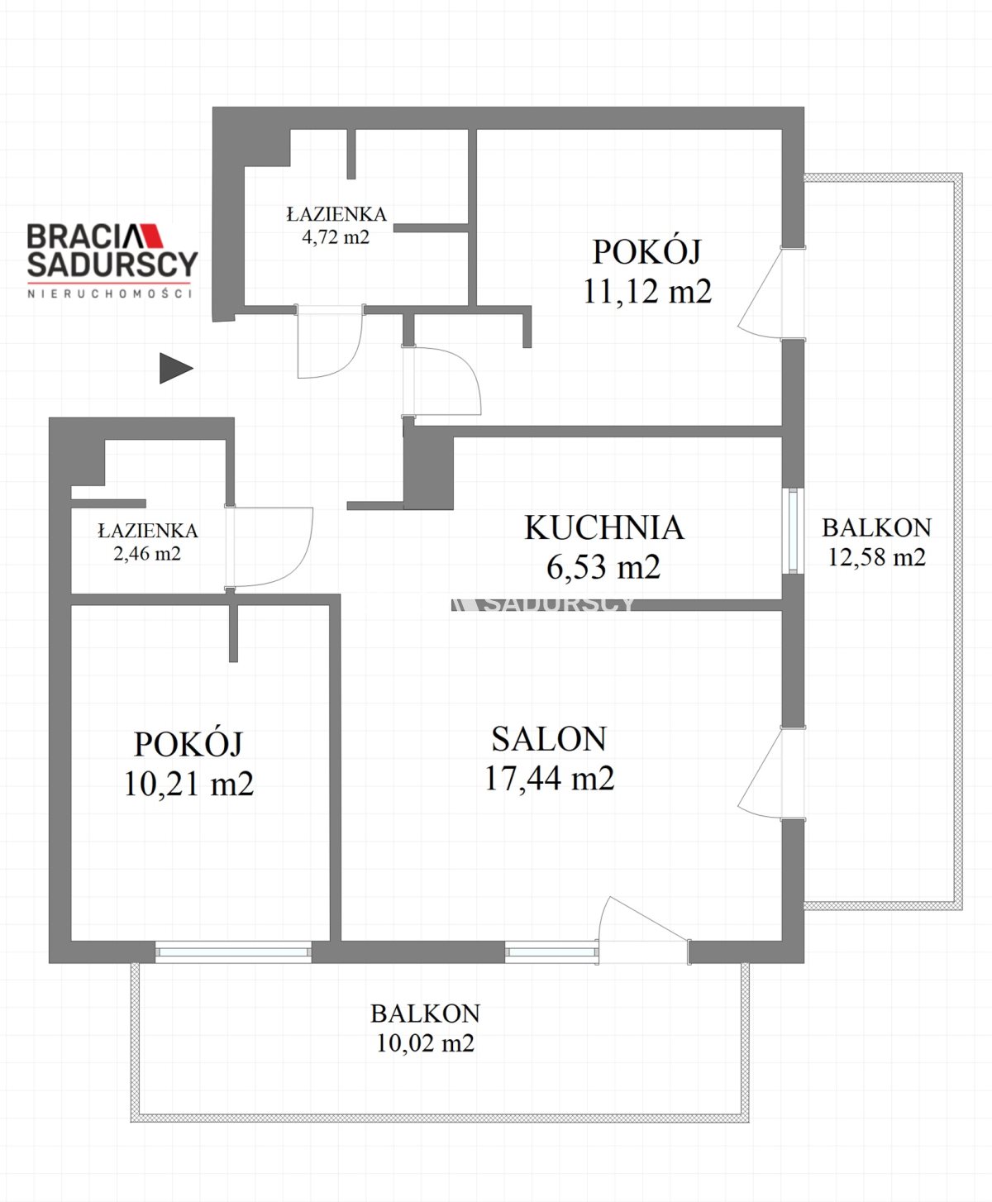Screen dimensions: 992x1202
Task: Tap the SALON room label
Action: tap(549, 738)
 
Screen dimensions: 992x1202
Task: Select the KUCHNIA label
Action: tap(604, 527)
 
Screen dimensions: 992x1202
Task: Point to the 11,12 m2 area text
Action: tap(647, 291)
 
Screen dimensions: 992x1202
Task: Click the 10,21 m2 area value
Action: tap(188, 784)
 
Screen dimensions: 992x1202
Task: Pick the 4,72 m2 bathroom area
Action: tap(336, 236)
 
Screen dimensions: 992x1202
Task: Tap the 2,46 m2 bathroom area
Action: tap(147, 554)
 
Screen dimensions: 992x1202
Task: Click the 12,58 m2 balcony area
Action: tap(876, 556)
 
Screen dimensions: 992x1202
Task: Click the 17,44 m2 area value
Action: tap(549, 778)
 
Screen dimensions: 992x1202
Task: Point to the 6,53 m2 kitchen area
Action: tap(603, 566)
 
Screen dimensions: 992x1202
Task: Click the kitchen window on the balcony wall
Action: tap(794, 531)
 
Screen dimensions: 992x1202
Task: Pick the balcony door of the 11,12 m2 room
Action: tap(770, 293)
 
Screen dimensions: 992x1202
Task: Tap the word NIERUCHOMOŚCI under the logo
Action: tap(110, 293)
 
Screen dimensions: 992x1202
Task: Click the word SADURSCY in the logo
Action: tap(113, 264)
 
